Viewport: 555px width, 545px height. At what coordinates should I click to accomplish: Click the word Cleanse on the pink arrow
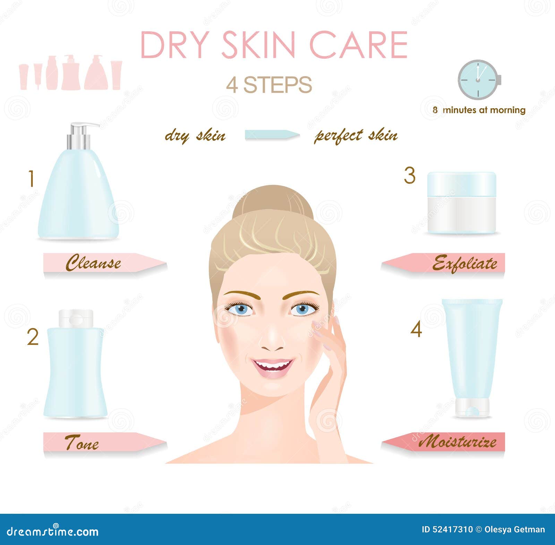pos(93,263)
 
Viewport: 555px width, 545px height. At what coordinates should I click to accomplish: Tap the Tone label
pos(82,442)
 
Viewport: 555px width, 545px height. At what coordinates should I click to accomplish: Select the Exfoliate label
pos(464,263)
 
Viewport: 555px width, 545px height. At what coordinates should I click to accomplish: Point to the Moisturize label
pos(457,442)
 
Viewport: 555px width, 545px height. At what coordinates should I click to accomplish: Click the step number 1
pos(32,179)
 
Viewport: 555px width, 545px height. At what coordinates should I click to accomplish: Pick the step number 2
pos(33,337)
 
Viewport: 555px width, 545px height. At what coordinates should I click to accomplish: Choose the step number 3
pos(410,176)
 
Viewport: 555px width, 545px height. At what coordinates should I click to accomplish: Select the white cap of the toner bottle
pos(76,318)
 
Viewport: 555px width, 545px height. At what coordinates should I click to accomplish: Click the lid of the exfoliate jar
pos(462,185)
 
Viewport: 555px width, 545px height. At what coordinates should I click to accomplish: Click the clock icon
pos(479,80)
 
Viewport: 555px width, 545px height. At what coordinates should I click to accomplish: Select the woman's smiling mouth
pos(273,367)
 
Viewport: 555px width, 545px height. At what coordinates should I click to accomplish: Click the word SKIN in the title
pos(258,45)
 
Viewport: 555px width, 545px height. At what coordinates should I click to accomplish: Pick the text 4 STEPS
pos(269,85)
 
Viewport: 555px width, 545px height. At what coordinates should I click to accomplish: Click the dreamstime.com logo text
pos(52,531)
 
